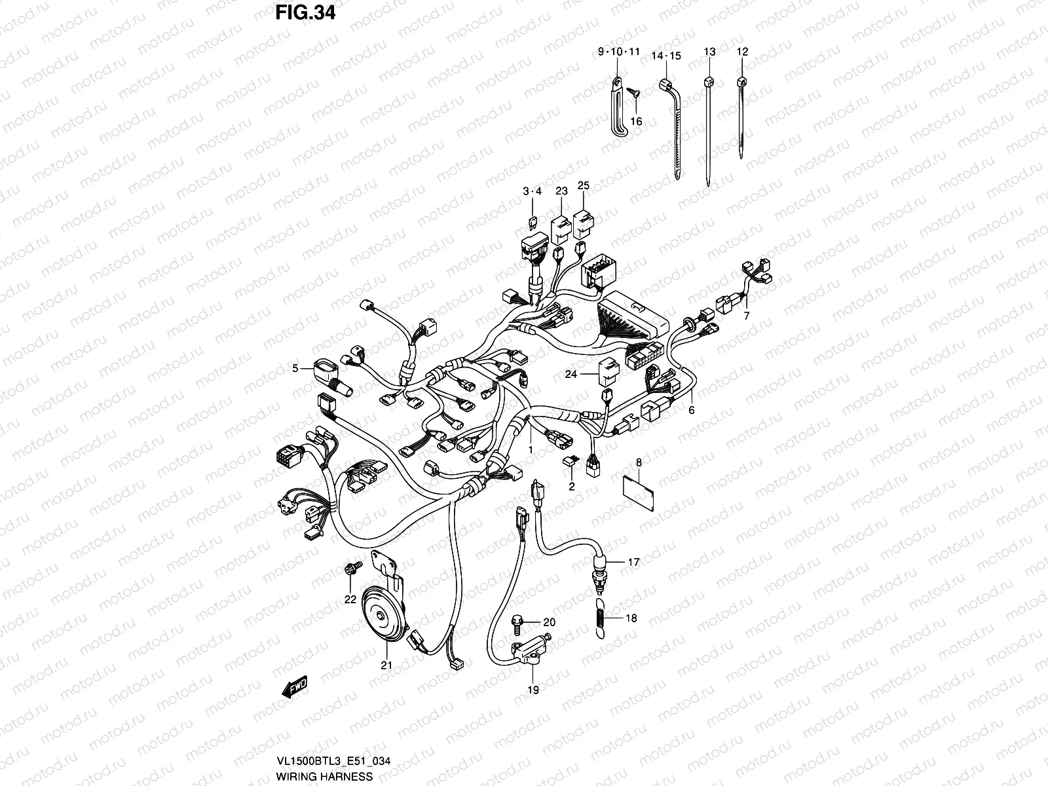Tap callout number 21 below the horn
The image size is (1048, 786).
coord(386,665)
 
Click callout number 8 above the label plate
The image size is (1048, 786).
coord(639,463)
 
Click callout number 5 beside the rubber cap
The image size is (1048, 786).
coord(295,369)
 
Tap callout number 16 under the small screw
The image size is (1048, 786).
coord(636,121)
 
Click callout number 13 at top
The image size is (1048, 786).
coord(709,52)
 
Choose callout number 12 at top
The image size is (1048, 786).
coord(741,52)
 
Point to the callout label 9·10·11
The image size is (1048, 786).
coord(618,52)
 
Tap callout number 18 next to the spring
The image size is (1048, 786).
coord(631,618)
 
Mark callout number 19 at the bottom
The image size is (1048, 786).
coord(533,690)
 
